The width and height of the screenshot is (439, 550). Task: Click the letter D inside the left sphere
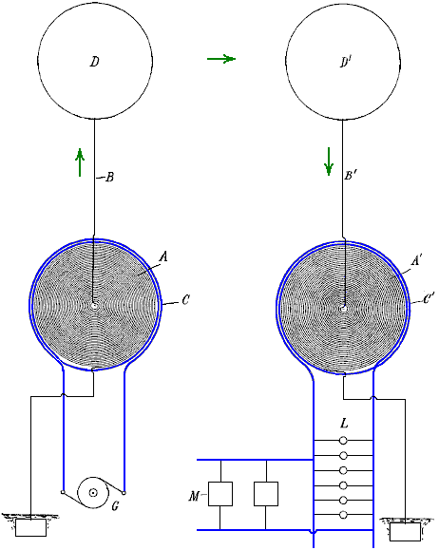tap(94, 62)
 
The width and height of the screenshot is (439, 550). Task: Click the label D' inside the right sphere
tap(346, 62)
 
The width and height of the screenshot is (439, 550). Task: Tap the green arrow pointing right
tap(221, 59)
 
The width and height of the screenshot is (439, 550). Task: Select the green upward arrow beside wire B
tap(80, 162)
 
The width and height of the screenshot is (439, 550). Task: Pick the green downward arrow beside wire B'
tap(329, 161)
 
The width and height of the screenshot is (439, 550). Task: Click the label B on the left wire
tap(110, 177)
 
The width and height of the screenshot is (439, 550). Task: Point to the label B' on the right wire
tap(351, 175)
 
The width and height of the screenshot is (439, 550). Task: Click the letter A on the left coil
tap(163, 257)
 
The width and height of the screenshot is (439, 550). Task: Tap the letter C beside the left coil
tap(185, 300)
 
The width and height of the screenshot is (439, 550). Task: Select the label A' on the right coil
tap(416, 260)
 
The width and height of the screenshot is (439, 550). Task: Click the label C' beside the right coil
tap(429, 298)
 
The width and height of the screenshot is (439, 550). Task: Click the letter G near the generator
tap(115, 506)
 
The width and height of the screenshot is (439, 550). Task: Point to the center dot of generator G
tap(93, 492)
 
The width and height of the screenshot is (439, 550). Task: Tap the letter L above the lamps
tap(344, 424)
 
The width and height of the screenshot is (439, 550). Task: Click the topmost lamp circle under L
tap(344, 441)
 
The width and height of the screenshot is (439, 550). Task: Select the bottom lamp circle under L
tap(344, 515)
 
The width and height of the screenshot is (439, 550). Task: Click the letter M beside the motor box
tap(194, 497)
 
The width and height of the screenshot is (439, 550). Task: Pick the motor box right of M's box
tap(266, 494)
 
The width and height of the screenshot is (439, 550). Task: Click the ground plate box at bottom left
tap(30, 528)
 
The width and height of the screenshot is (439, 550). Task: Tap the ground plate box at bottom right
tap(405, 532)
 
